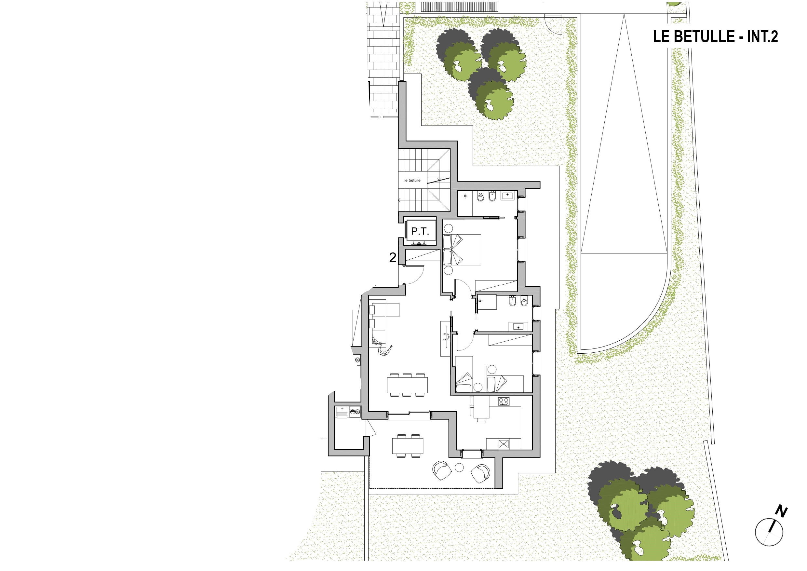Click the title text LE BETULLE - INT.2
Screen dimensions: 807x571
715,36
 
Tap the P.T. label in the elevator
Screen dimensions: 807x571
420,231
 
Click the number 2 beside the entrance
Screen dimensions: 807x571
393,258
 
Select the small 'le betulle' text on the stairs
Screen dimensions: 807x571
412,180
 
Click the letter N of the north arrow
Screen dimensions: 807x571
781,511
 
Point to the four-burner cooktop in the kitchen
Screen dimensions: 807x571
504,401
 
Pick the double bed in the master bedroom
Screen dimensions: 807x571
462,250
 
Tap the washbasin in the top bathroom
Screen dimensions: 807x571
507,195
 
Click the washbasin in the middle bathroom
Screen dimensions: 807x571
518,327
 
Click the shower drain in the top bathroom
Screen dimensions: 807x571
465,196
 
